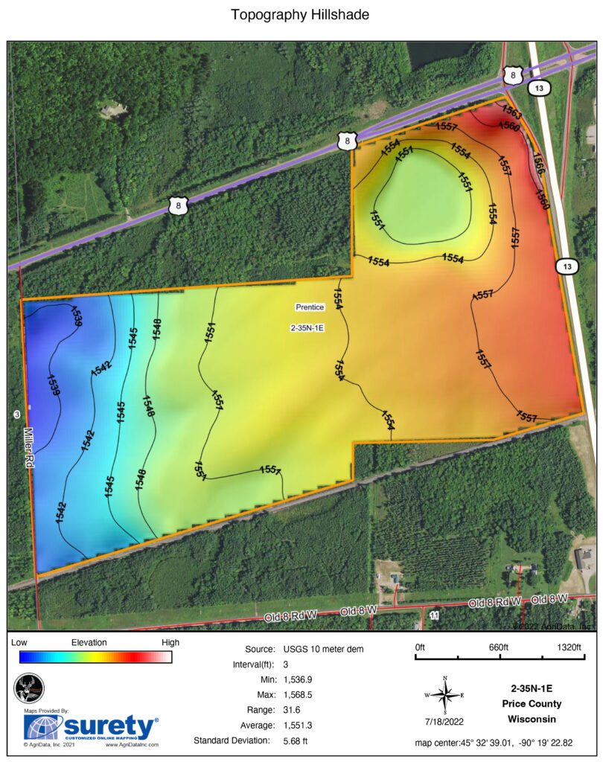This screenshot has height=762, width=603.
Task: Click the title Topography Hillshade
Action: click(300, 15)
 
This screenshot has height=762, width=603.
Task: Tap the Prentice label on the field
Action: click(309, 307)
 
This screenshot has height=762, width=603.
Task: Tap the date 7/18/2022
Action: click(445, 721)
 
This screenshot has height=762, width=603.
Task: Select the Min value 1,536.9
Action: click(300, 680)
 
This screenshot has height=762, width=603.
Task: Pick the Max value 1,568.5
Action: click(300, 695)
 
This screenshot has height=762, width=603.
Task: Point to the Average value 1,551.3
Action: click(300, 725)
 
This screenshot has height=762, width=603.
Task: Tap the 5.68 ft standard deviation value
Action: click(296, 740)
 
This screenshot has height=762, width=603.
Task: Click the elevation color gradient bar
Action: click(95, 656)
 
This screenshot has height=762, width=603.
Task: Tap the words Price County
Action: click(531, 703)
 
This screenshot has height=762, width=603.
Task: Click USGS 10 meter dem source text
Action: click(323, 650)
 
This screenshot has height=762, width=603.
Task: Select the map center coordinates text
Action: click(504, 743)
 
